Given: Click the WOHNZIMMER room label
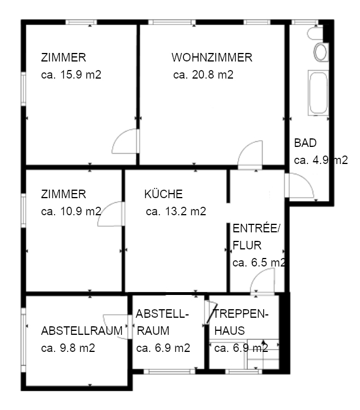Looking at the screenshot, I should (211, 58).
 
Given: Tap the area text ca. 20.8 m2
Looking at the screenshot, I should (203, 75).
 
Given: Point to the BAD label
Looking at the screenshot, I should (305, 143).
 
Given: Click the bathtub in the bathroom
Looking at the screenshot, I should (318, 92).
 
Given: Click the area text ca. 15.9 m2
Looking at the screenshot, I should (71, 75).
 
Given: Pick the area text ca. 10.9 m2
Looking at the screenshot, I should (71, 211).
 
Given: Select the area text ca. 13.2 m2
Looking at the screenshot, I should (175, 211).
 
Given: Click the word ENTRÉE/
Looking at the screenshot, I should (257, 229).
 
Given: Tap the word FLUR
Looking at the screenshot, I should (247, 246).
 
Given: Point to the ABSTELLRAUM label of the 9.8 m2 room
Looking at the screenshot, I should (82, 331).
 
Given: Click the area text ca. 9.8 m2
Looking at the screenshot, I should (68, 348).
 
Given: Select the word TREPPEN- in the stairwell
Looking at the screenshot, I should (241, 314).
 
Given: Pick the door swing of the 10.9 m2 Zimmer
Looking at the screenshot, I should (112, 215).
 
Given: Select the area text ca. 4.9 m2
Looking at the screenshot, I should (320, 160).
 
